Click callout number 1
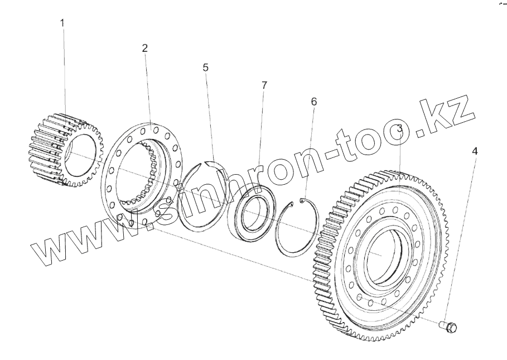(62, 23)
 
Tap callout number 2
(144, 48)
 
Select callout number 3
(400, 129)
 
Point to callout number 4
(475, 151)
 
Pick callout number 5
(206, 68)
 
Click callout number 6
(314, 102)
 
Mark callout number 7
(264, 85)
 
